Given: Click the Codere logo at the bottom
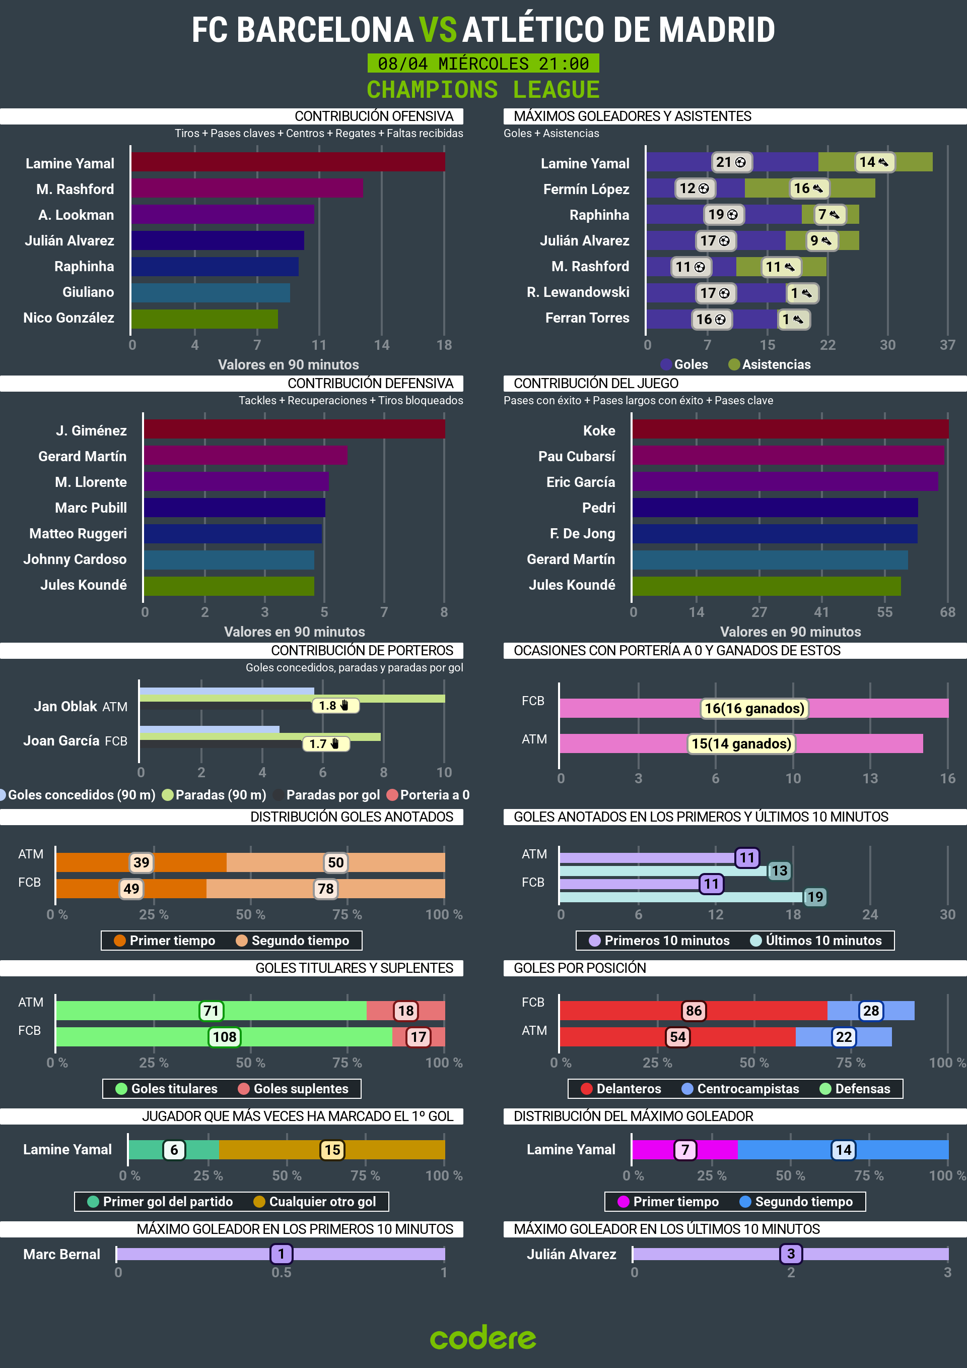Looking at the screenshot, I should [483, 1338].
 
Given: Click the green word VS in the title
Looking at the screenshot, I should [438, 30].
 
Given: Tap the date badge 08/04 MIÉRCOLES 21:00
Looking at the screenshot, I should [483, 63].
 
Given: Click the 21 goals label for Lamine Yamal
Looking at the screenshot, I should [731, 162].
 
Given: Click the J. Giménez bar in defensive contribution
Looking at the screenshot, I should [294, 429].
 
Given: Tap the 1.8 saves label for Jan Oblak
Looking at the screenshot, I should [334, 706].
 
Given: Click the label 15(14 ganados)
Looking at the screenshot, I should [741, 743].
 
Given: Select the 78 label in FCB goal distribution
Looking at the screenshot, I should [326, 889].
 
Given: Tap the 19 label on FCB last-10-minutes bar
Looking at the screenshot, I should [814, 897].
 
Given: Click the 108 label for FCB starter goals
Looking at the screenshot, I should [225, 1037].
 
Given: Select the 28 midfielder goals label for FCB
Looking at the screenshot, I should [870, 1011].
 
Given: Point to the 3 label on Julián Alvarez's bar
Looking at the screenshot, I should [791, 1254].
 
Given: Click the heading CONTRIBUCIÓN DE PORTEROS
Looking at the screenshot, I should [362, 651].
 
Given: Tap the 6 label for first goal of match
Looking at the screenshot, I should [174, 1150].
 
